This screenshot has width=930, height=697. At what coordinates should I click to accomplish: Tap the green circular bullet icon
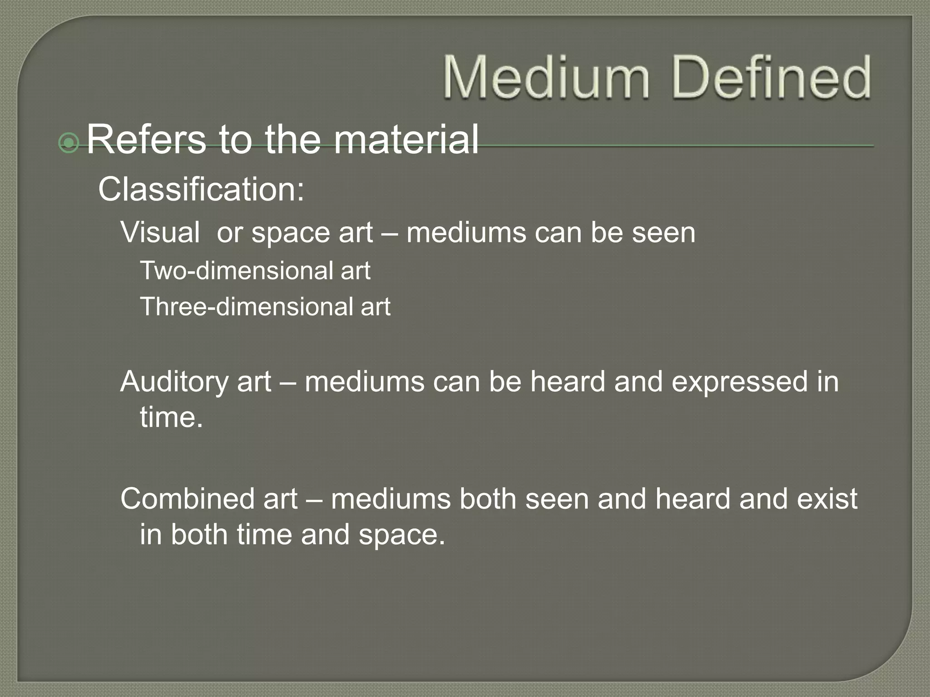[69, 143]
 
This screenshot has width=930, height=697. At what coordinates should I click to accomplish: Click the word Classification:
[201, 189]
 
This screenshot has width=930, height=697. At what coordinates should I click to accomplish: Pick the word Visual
[160, 232]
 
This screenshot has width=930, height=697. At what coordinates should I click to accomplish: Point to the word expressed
[739, 382]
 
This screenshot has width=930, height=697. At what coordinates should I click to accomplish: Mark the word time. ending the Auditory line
[171, 417]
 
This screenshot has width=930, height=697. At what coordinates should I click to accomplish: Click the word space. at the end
[401, 535]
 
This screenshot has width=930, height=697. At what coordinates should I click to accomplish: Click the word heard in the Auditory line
[568, 382]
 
